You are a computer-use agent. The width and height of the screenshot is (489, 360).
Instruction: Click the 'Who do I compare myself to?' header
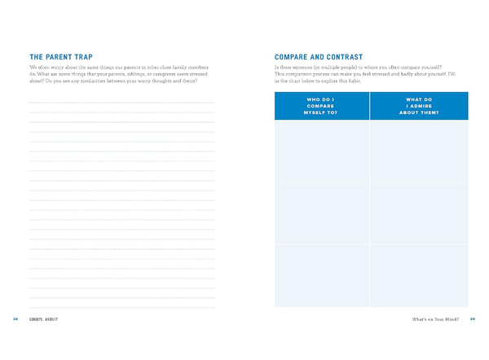tap(322, 106)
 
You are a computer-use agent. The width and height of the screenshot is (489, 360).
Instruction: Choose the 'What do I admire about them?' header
tap(419, 106)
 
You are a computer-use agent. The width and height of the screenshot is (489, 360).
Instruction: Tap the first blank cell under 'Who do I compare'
tap(322, 151)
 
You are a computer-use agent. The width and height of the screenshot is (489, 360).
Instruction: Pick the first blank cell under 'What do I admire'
tap(419, 151)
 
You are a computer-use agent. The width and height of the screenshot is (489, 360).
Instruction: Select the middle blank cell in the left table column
tap(322, 213)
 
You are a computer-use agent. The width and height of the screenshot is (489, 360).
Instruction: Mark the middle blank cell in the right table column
tap(419, 213)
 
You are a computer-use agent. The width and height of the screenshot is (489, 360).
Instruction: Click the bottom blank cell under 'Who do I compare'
tap(322, 276)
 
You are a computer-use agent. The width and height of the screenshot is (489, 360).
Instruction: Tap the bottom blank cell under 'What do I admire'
tap(419, 276)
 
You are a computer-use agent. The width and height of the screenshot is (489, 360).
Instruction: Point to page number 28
tap(15, 318)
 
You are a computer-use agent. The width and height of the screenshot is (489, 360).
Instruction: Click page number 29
tap(473, 318)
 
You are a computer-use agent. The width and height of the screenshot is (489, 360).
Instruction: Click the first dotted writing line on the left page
tap(121, 103)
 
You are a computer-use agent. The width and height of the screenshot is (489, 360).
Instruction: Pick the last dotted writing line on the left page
tap(121, 299)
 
